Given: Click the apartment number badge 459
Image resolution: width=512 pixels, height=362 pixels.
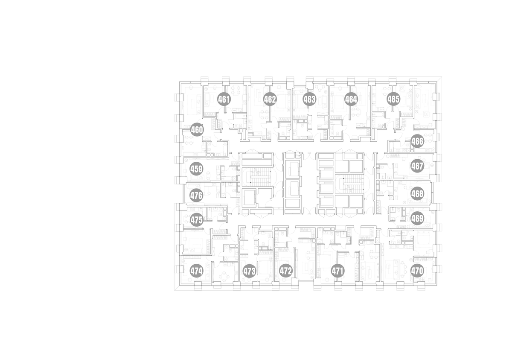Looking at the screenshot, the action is [197, 169].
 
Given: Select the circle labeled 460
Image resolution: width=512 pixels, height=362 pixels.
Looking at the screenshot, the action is [197, 130].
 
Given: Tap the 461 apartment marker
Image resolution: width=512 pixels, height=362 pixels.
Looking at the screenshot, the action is [224, 99].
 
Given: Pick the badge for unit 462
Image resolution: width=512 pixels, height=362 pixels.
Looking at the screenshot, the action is [270, 99].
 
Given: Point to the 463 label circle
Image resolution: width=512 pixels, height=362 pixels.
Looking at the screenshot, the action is [309, 99].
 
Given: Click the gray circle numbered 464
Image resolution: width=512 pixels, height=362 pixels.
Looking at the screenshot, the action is [351, 99].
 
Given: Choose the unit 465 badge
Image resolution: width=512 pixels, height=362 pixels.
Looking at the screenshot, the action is [393, 99].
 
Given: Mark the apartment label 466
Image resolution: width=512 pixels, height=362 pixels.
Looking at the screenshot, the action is [417, 141].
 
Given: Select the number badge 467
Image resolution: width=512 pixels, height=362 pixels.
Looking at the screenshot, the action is [417, 166].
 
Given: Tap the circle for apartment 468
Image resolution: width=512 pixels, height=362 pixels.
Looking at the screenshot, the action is [417, 194].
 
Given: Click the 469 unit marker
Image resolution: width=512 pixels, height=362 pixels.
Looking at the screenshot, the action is [417, 219].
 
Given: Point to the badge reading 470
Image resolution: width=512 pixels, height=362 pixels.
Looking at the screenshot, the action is [417, 271].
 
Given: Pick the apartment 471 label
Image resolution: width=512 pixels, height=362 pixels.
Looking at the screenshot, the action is [337, 271].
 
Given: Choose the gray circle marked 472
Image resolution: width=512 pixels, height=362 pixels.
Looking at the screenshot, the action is [286, 271].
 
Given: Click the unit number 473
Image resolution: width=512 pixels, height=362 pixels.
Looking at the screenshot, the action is [249, 271].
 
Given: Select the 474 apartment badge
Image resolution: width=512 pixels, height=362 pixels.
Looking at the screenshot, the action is [197, 271].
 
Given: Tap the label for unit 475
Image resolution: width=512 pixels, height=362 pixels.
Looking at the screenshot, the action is [197, 220].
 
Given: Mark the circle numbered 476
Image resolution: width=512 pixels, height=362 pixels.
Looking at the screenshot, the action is [197, 196].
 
